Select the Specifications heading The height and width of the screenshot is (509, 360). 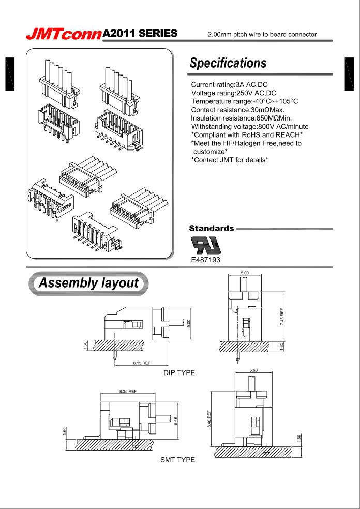tap(228, 63)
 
